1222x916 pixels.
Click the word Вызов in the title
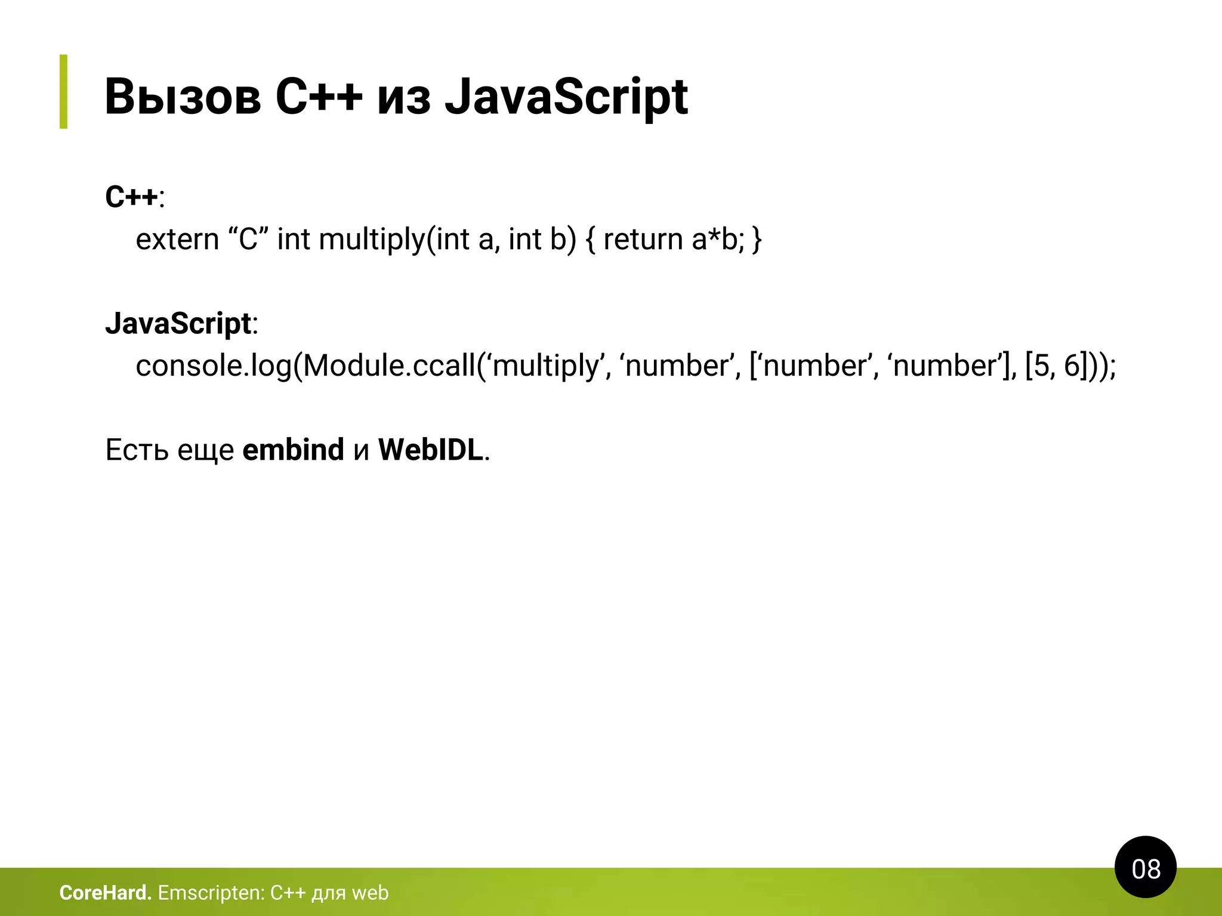pos(183,97)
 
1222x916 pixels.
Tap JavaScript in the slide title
pos(566,97)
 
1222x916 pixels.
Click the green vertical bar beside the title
pos(63,91)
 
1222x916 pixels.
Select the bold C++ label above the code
pos(132,197)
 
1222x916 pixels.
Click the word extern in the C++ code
pos(177,240)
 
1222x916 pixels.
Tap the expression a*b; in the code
pos(718,240)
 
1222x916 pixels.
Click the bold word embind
pos(293,450)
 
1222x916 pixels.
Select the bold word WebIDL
pos(430,450)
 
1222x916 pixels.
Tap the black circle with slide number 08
pos(1145,868)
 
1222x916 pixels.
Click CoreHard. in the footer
pos(106,893)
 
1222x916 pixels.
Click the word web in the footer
pos(370,893)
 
